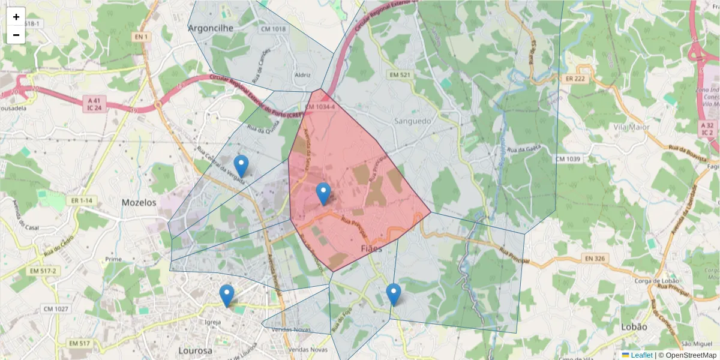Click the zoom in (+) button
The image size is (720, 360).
coord(16,17)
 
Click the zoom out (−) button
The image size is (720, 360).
coord(16,35)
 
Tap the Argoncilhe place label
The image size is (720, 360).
coord(211,28)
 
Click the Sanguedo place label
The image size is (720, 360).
coord(413,121)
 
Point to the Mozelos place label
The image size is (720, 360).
coord(139,203)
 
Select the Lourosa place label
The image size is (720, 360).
coord(195,350)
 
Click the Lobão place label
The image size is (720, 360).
coord(635,327)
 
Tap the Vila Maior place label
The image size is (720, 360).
coord(632,127)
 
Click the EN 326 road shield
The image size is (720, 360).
coord(595,259)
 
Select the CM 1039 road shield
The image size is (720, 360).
coord(568,158)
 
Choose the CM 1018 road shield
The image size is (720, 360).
coord(273,29)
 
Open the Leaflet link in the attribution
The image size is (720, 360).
coord(641,355)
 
